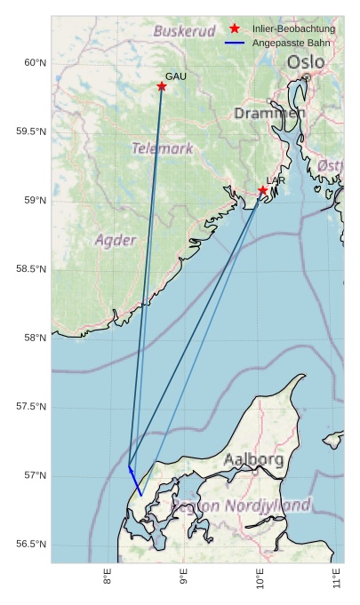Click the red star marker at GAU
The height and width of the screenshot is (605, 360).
[x=162, y=86]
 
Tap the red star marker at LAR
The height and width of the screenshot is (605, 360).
[x=263, y=191]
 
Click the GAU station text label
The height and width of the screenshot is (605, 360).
[x=176, y=76]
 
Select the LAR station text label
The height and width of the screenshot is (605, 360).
[x=276, y=180]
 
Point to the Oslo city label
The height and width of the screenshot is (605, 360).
[x=306, y=62]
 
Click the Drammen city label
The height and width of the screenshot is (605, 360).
[x=270, y=114]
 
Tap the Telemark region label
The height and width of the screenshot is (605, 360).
[x=163, y=148]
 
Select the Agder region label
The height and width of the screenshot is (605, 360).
[x=116, y=240]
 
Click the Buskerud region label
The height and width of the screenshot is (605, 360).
[x=185, y=31]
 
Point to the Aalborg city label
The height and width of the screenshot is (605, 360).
[x=254, y=460]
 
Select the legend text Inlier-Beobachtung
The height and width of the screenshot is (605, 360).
[x=293, y=29]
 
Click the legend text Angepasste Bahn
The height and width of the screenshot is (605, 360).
[x=291, y=43]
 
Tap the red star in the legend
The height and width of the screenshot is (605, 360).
[x=235, y=29]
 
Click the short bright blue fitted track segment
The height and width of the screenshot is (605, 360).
[x=135, y=481]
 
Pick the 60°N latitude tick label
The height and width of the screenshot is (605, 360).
[x=35, y=62]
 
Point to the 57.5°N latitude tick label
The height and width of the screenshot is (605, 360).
[x=31, y=407]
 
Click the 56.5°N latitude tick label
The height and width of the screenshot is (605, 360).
[x=31, y=545]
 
